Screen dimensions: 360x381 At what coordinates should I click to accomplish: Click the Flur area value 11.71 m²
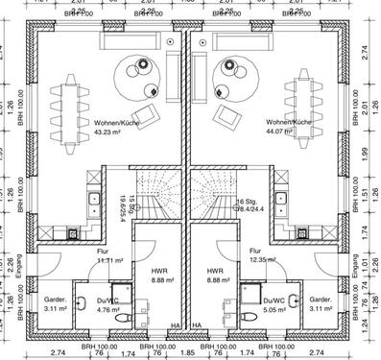click(111, 260)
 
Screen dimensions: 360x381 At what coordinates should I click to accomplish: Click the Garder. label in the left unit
click(56, 300)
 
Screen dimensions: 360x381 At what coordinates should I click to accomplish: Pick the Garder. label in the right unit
click(321, 300)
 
